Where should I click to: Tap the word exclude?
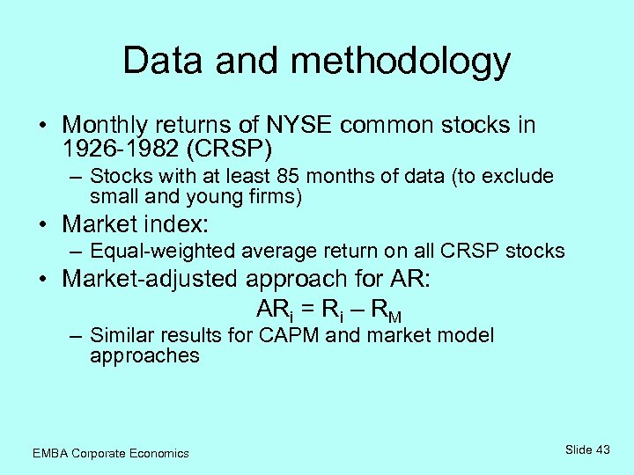pyautogui.click(x=521, y=177)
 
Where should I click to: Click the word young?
pyautogui.click(x=192, y=197)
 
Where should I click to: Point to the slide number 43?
pyautogui.click(x=601, y=449)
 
